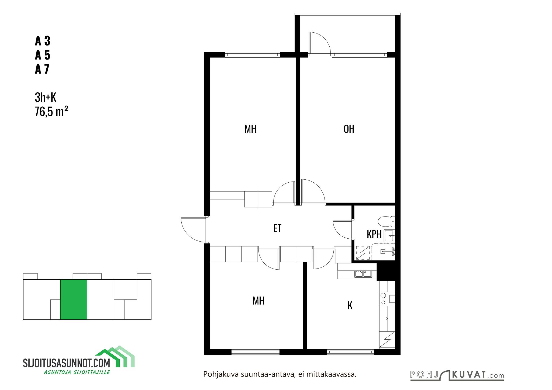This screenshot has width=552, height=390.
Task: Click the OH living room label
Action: tap(349, 129)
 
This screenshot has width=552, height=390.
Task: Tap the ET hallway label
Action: tap(277, 228)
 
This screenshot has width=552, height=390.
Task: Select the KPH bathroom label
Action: tap(374, 234)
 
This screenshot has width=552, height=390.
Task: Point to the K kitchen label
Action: tap(350, 305)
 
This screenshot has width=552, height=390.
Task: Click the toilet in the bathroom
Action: tap(387, 221)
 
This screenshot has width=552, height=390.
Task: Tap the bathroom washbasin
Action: tap(389, 236)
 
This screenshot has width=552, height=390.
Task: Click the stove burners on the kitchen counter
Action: tap(383, 299)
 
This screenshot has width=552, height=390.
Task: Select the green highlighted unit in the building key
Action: tap(74, 300)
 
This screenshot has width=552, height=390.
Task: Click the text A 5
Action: tap(43, 55)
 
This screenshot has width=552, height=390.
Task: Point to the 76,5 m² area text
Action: tap(51, 111)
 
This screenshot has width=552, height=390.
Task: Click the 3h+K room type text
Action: tap(46, 97)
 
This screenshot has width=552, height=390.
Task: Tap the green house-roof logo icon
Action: tap(115, 356)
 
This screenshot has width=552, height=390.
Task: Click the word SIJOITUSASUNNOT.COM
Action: tap(67, 363)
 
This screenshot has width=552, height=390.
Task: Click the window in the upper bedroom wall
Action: tap(252, 54)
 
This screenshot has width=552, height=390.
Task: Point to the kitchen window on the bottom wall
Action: tap(350, 352)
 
